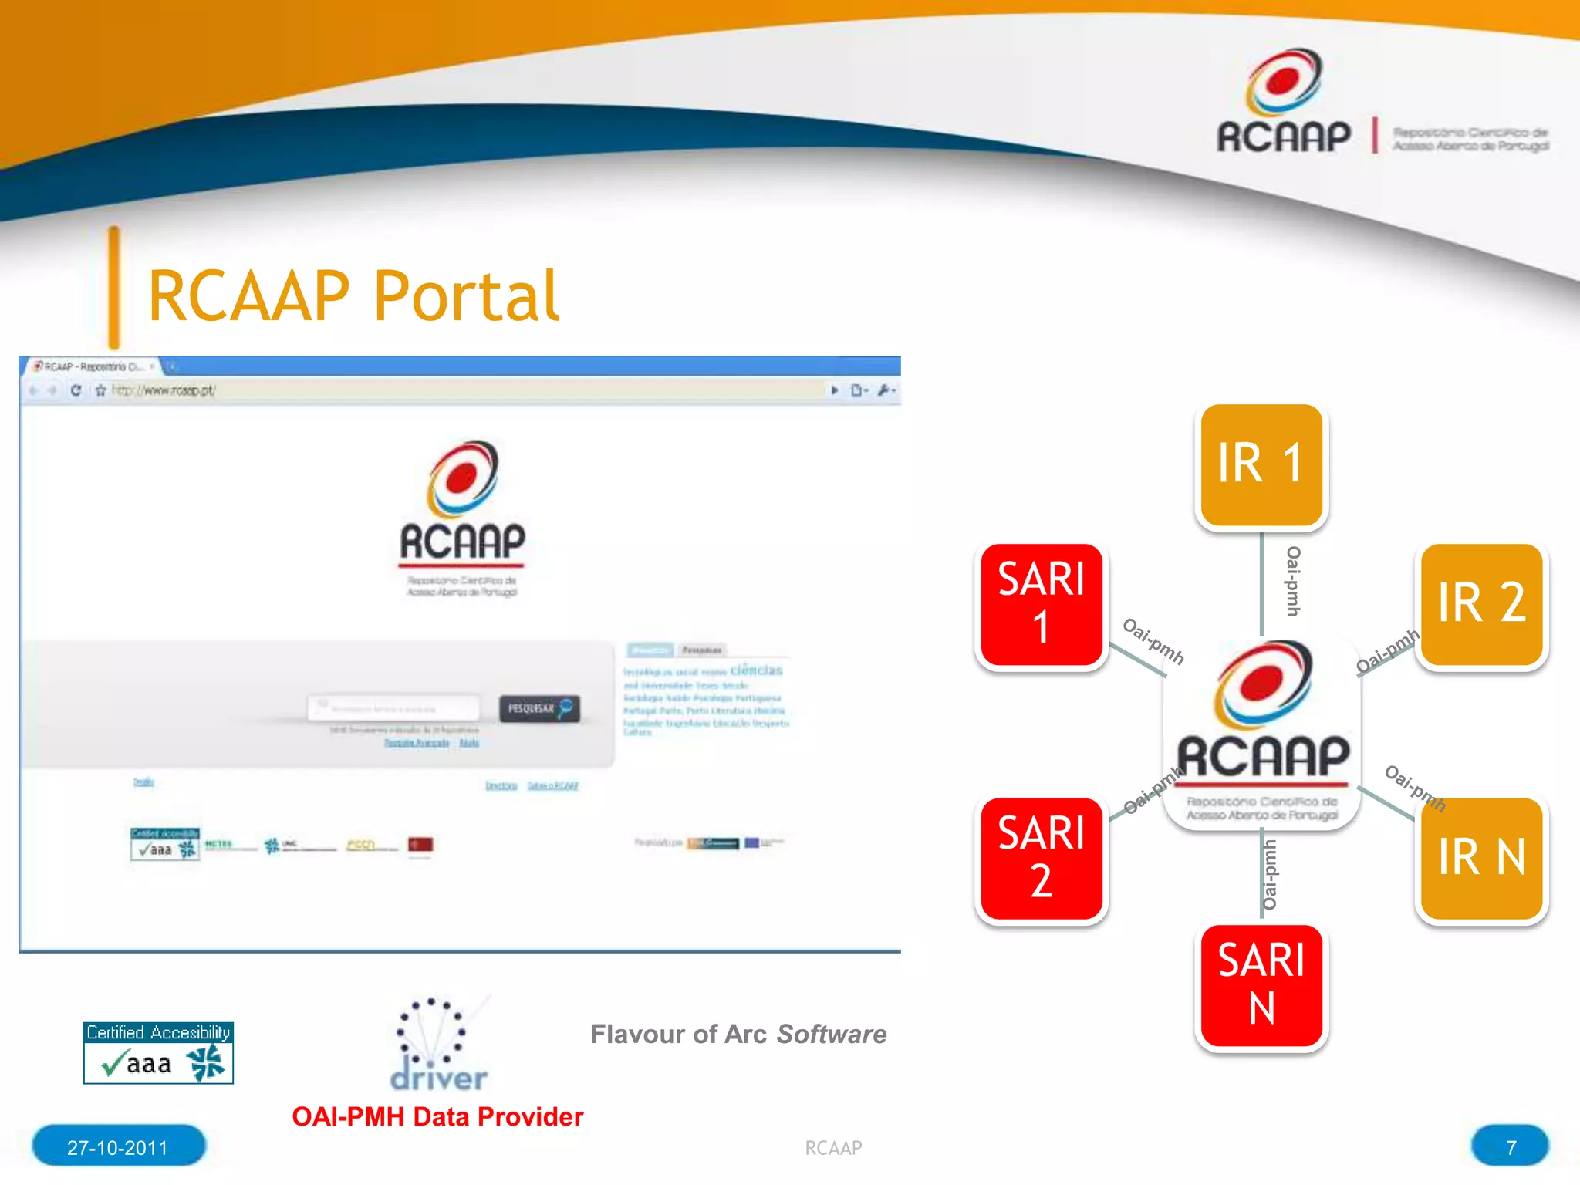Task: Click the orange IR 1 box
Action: pos(1261,464)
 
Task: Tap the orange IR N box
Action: pos(1481,858)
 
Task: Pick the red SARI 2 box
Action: pos(1041,858)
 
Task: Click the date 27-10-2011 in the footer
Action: pos(118,1147)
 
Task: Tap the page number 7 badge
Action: pos(1510,1147)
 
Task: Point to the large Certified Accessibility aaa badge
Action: pos(158,1053)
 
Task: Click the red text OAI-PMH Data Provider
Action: pos(437,1116)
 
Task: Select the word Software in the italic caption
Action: pos(831,1034)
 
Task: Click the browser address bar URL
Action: pos(164,390)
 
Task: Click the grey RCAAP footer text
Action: pos(833,1148)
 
